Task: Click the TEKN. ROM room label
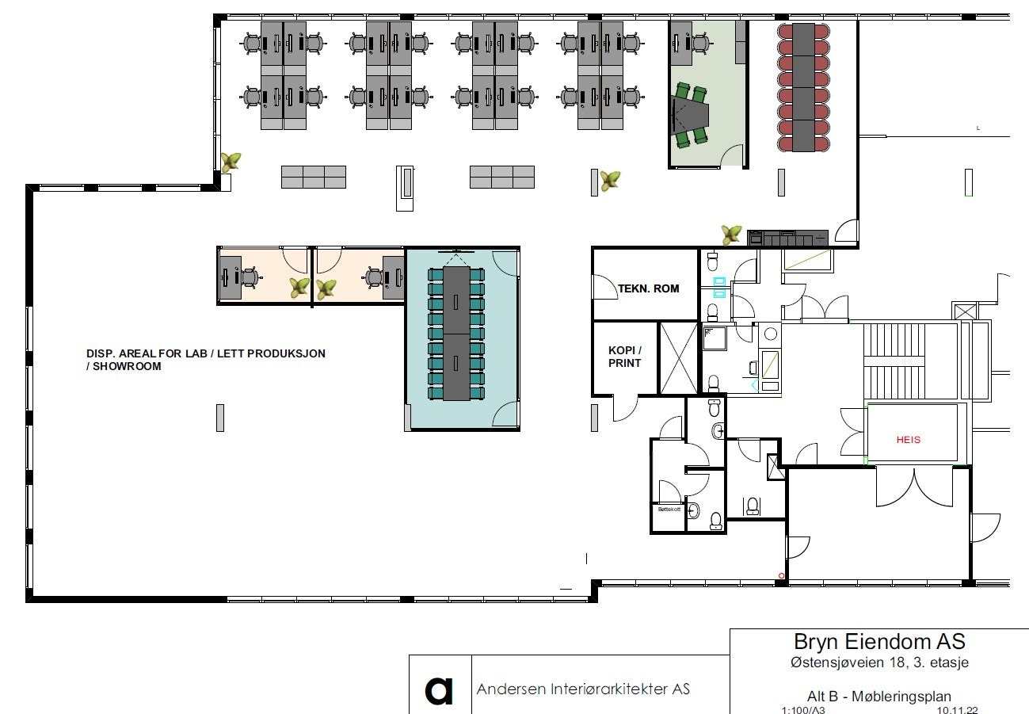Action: coord(648,288)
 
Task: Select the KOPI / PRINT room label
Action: coord(624,357)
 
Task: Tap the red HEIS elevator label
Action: coord(909,439)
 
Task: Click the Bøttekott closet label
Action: coord(669,510)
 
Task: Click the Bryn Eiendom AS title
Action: coord(879,641)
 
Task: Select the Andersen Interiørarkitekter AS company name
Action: coord(582,689)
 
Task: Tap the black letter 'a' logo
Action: coord(440,690)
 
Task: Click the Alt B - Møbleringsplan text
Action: coord(879,697)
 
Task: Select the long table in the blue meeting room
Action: coord(456,333)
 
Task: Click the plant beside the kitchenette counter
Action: coord(731,234)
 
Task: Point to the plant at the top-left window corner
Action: coord(231,162)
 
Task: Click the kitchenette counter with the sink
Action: coord(787,237)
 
